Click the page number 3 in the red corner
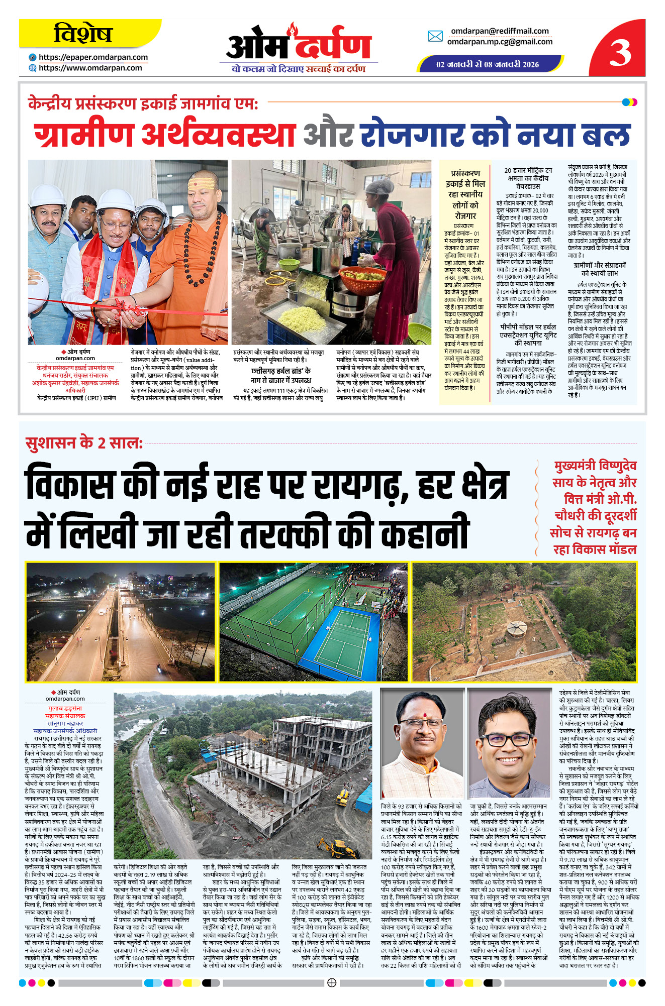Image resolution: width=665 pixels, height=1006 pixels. click(x=620, y=52)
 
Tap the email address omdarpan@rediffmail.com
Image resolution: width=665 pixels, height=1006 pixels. click(x=499, y=31)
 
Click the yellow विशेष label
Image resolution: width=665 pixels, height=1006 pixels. click(x=83, y=34)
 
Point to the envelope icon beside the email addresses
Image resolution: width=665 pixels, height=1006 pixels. click(x=435, y=36)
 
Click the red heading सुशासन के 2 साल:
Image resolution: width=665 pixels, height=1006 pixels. click(x=84, y=443)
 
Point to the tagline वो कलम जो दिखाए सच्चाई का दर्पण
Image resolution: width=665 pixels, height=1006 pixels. click(x=299, y=69)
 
